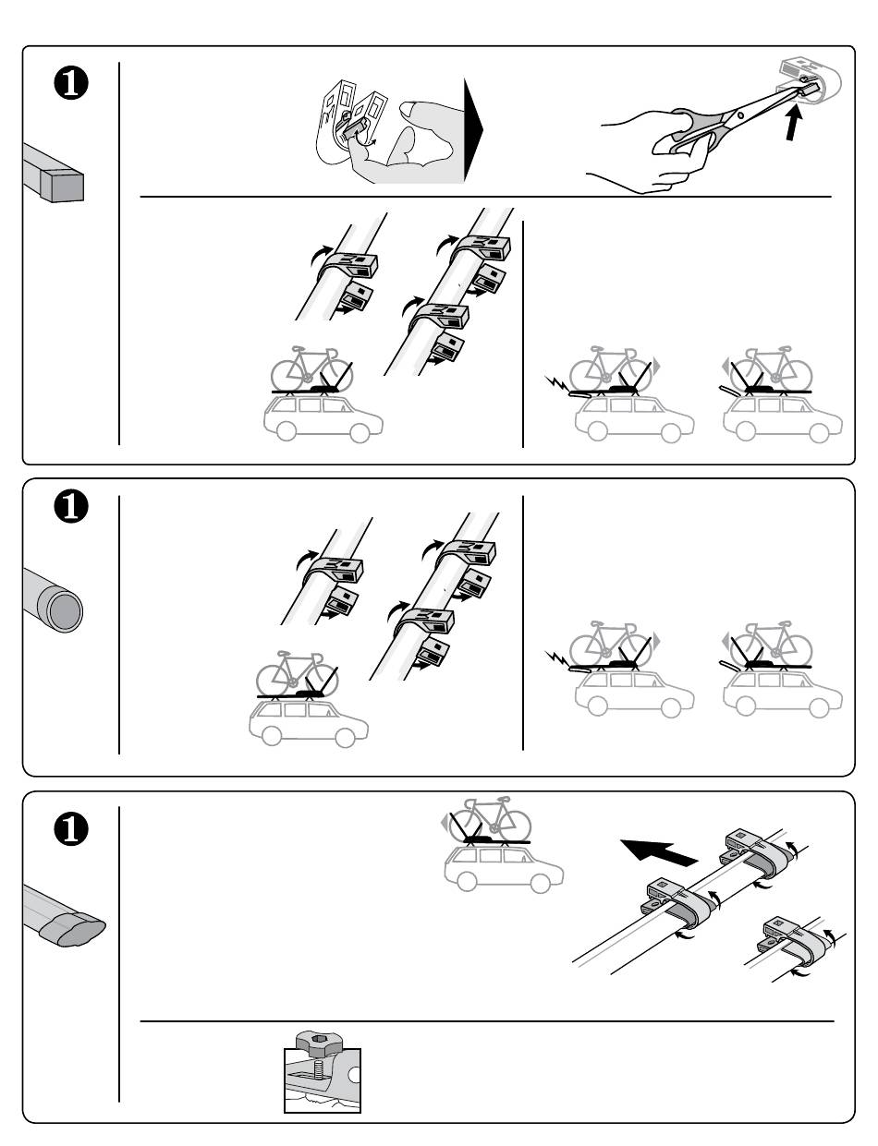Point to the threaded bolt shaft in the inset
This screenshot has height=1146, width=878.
[319, 1069]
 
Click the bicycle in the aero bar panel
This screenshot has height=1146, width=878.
[490, 816]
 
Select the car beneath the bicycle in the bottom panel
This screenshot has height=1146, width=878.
[500, 869]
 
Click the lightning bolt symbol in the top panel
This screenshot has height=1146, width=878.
[556, 381]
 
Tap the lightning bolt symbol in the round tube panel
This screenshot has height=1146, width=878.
[556, 659]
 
